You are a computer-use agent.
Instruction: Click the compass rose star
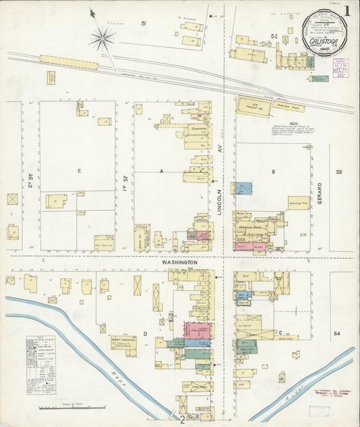coord(102,39)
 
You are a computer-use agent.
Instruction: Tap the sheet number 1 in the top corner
coord(346,11)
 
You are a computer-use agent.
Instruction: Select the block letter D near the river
coord(144,334)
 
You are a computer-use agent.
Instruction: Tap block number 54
coord(337,334)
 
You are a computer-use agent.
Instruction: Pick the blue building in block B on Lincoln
coord(243,189)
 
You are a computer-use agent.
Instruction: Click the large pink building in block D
coord(197,330)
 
